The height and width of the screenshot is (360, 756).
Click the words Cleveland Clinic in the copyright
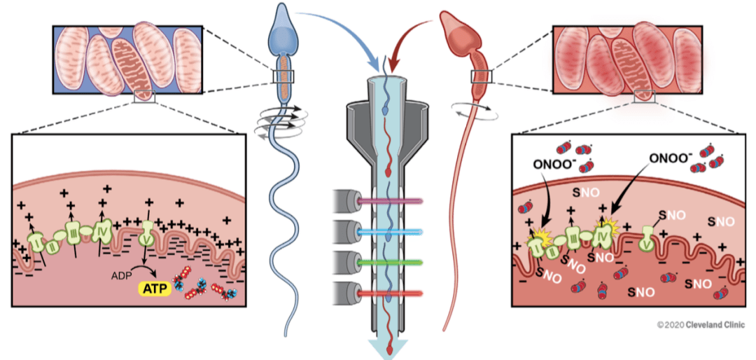(x=717, y=325)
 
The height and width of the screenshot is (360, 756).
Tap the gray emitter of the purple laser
(x=347, y=200)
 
